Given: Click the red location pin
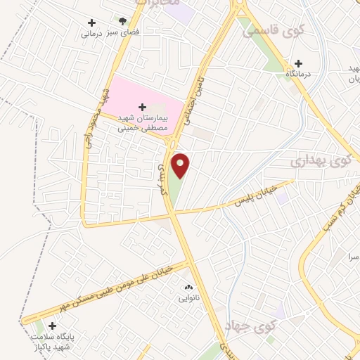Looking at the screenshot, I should pyautogui.click(x=181, y=165).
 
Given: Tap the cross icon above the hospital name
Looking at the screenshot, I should pyautogui.click(x=143, y=106).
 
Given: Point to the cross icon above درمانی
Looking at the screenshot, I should pyautogui.click(x=91, y=23).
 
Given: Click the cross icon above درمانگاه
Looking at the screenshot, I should pyautogui.click(x=298, y=63).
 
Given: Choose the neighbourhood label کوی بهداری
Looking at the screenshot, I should pyautogui.click(x=319, y=162).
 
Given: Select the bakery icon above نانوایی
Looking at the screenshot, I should pyautogui.click(x=188, y=288).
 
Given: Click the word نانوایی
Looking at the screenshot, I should pyautogui.click(x=188, y=298).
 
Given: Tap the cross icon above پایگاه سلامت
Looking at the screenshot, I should pyautogui.click(x=52, y=325).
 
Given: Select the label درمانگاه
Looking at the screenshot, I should pyautogui.click(x=298, y=73).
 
